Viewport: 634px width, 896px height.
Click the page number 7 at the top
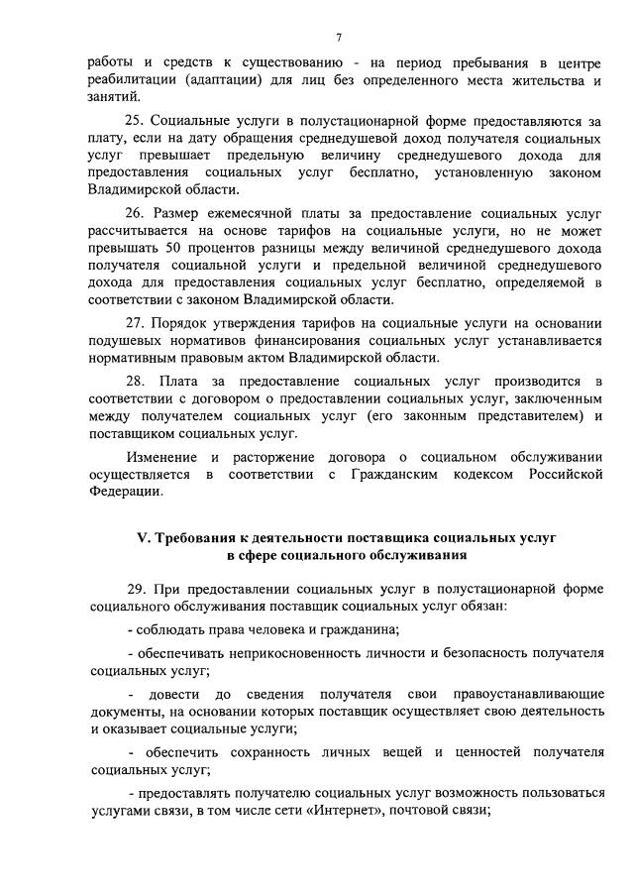pos(339,38)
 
